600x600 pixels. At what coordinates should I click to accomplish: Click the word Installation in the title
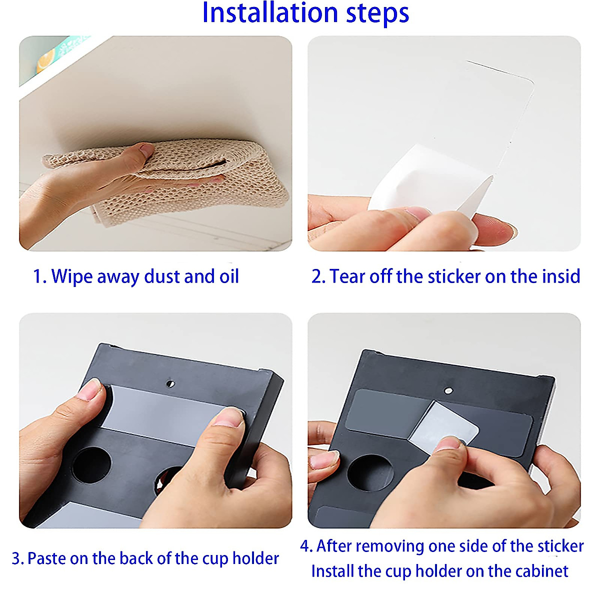point(270,13)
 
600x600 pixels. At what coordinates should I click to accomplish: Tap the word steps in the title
point(377,14)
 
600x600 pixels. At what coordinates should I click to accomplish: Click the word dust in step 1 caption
point(162,276)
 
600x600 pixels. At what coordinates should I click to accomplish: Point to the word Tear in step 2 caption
point(347,276)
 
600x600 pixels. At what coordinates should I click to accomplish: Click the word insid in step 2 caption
point(561,276)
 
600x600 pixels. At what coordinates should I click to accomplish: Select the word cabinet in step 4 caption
point(541,571)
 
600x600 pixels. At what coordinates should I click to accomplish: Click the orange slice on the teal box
point(45,61)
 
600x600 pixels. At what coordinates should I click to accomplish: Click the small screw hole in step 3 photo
point(170,383)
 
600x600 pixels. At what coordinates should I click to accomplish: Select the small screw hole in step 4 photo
point(448,390)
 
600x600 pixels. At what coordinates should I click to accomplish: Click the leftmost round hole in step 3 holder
point(91,465)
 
